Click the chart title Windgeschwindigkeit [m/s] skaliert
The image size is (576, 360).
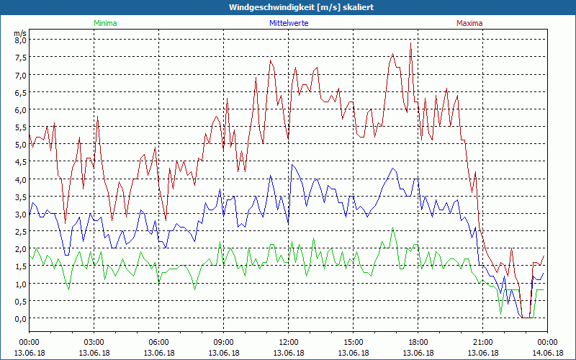(288, 7)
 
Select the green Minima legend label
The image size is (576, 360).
(105, 23)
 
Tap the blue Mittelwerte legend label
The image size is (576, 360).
(288, 23)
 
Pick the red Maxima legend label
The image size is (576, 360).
(470, 23)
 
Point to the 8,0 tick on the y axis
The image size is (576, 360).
(20, 40)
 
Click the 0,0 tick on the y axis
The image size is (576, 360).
(20, 318)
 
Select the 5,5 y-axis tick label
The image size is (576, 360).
(20, 127)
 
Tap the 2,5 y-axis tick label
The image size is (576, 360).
(20, 231)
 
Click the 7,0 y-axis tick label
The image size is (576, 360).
(20, 75)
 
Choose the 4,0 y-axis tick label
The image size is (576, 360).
(20, 179)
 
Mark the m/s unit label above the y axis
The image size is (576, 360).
(19, 33)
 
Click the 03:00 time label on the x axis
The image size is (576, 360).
(94, 342)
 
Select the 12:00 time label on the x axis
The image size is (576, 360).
(288, 342)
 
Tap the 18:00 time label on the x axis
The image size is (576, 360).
(418, 342)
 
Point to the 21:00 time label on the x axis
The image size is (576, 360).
(482, 342)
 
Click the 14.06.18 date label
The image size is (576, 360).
(547, 353)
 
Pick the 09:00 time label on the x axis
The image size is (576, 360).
(223, 342)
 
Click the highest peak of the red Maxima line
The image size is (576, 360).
(410, 42)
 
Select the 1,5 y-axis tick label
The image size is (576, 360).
(20, 266)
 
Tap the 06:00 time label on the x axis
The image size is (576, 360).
(158, 342)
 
